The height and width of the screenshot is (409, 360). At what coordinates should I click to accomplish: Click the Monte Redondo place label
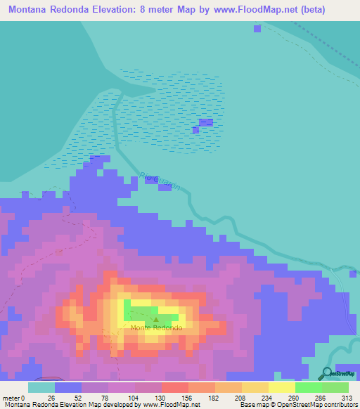coord(156,328)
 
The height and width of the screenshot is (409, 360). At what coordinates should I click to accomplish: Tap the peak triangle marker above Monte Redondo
coord(156,320)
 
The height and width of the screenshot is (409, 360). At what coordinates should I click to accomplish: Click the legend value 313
coord(335,398)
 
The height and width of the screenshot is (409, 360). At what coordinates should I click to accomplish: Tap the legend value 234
coord(255,398)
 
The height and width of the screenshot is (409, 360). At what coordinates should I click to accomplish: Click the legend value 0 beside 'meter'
coord(23,398)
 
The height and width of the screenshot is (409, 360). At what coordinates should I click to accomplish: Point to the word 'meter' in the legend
coord(11,398)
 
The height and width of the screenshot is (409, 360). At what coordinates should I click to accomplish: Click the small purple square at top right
coord(257,28)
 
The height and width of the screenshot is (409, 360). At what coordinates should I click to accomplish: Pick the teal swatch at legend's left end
coord(41,387)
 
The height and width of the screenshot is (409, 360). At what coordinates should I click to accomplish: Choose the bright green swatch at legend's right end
coord(335,387)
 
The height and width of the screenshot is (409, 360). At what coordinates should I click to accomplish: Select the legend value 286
coord(309,398)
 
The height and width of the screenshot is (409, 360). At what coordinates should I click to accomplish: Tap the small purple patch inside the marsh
coord(205,122)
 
